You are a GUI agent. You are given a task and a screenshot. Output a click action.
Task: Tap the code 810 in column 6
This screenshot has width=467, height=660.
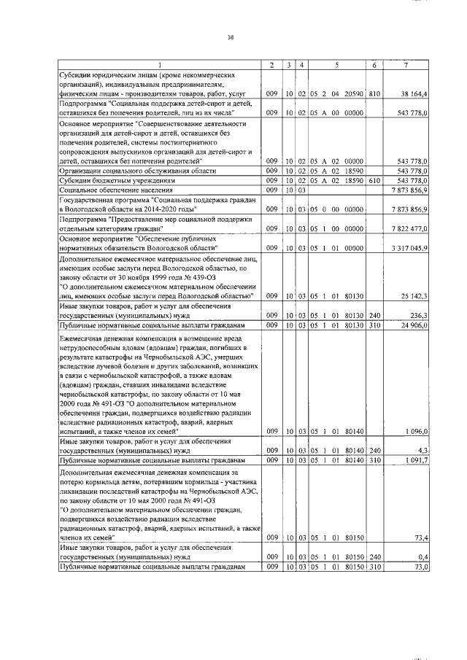(x=374, y=94)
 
